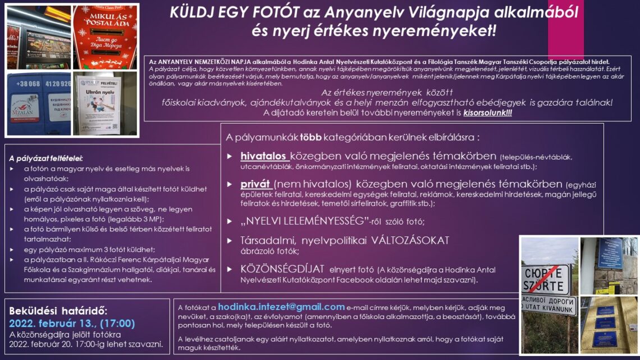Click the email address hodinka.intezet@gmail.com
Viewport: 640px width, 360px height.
pyautogui.click(x=281, y=307)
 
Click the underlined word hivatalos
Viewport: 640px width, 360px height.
pyautogui.click(x=264, y=156)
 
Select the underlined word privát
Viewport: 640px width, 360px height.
pyautogui.click(x=255, y=184)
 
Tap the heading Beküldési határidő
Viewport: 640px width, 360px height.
pyautogui.click(x=58, y=311)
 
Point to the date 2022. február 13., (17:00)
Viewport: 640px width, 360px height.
pyautogui.click(x=72, y=323)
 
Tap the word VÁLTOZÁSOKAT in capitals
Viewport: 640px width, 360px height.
pyautogui.click(x=410, y=240)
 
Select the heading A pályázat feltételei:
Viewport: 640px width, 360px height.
pyautogui.click(x=50, y=159)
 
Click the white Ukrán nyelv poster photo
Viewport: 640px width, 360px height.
pyautogui.click(x=98, y=104)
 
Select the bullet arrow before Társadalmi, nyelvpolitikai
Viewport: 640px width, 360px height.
pyautogui.click(x=229, y=240)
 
